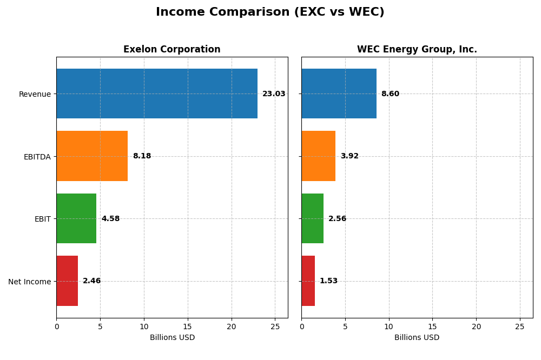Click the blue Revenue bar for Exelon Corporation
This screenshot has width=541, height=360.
pyautogui.click(x=157, y=94)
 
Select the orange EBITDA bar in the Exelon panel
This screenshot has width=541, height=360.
pyautogui.click(x=92, y=156)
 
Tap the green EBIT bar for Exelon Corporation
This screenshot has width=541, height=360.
pyautogui.click(x=76, y=218)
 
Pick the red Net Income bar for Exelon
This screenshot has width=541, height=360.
pyautogui.click(x=67, y=281)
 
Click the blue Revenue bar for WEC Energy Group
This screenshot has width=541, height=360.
pyautogui.click(x=339, y=94)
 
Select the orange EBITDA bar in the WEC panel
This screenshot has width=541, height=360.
pyautogui.click(x=318, y=156)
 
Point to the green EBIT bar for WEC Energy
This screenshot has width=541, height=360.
pyautogui.click(x=312, y=218)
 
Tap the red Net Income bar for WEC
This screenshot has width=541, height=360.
pyautogui.click(x=308, y=281)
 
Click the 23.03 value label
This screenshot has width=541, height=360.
pyautogui.click(x=274, y=94)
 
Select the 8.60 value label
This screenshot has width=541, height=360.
pyautogui.click(x=390, y=94)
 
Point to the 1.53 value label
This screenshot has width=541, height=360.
pyautogui.click(x=328, y=281)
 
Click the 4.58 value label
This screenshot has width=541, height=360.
pyautogui.click(x=110, y=219)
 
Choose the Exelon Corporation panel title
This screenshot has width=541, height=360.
pyautogui.click(x=172, y=50)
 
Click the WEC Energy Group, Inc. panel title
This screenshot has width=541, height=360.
pyautogui.click(x=417, y=50)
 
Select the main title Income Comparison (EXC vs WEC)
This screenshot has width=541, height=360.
pyautogui.click(x=270, y=12)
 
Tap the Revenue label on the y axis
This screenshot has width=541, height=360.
pyautogui.click(x=35, y=94)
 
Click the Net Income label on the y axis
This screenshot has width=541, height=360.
pyautogui.click(x=29, y=282)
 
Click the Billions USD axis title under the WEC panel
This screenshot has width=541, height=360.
pyautogui.click(x=417, y=338)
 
